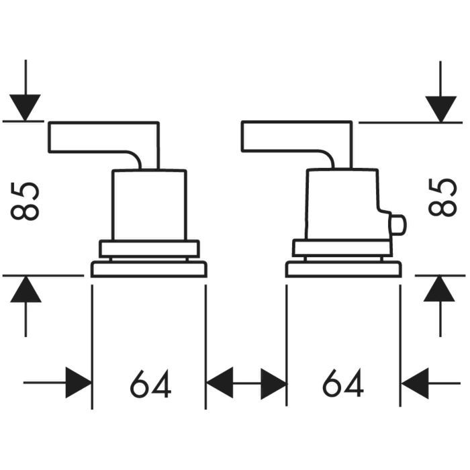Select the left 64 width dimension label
coord(150,384)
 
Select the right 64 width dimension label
coord(343,384)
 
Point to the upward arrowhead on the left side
coord(26,289)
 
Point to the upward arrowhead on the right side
coord(440,289)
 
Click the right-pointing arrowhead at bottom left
coord(78,383)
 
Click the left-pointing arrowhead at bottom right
coord(414,383)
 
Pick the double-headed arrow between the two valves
coord(246,383)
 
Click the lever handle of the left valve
coord(101,137)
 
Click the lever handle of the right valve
coord(295,137)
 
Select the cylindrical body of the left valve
coord(148,205)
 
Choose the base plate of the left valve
coord(148,270)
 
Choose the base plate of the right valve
coord(343,270)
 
